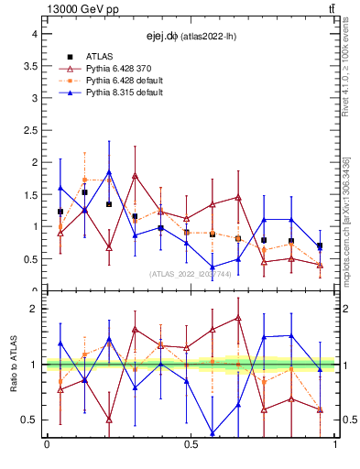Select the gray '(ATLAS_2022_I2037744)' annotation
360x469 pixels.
(x=191, y=274)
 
